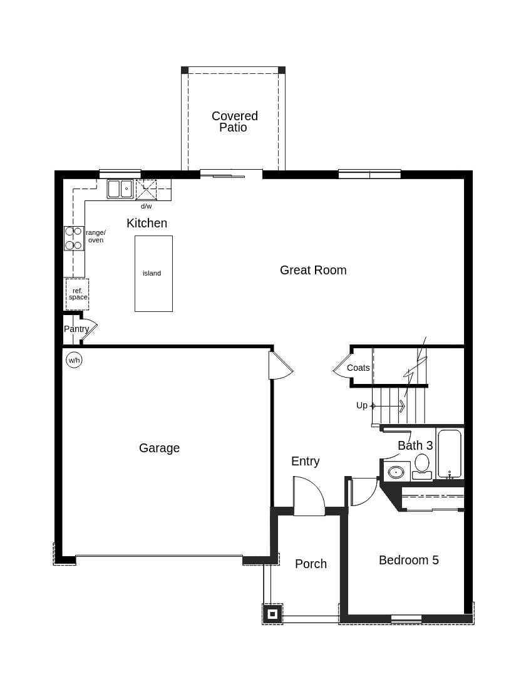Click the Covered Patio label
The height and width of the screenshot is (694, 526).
235,122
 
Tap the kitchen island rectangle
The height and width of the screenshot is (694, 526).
153,273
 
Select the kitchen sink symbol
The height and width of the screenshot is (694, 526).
120,189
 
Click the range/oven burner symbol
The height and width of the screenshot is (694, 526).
74,238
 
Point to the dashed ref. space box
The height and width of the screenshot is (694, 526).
77,294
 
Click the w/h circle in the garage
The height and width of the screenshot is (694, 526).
74,360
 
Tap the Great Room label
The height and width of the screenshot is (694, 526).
313,270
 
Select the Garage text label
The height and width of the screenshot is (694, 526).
159,448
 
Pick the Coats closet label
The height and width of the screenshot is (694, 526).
358,368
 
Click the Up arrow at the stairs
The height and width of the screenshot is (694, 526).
388,406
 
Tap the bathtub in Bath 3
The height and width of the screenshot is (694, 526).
450,453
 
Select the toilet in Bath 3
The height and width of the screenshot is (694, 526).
422,466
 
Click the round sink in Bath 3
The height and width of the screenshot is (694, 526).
396,472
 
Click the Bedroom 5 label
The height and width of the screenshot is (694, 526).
408,560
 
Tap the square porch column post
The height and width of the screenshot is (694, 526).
272,614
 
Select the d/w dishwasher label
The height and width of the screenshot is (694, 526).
146,206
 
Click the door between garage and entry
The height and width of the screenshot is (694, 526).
279,366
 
